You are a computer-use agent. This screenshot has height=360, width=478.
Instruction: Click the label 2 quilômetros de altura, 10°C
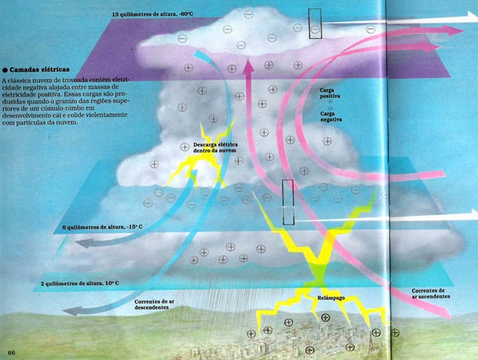pos(77,283)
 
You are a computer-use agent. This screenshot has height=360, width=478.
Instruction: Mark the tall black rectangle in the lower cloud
pos(288,202)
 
